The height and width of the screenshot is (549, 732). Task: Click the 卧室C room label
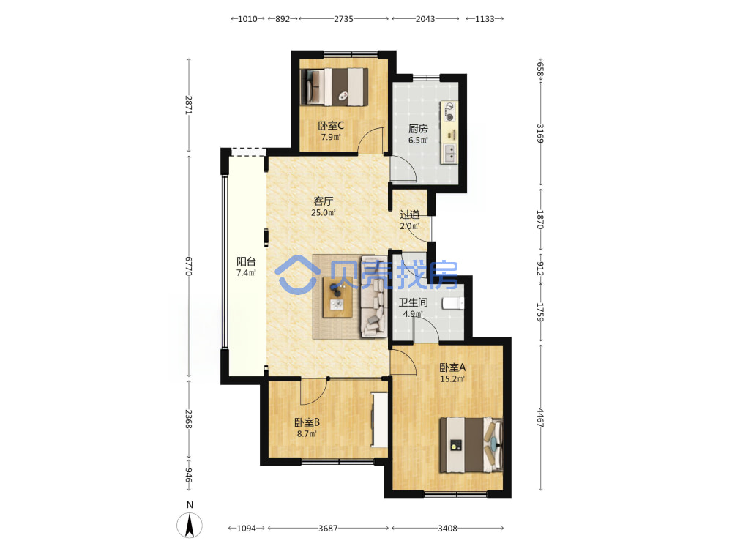pyautogui.click(x=331, y=126)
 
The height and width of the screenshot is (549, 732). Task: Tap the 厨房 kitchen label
pyautogui.click(x=418, y=128)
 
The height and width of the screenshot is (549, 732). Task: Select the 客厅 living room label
pyautogui.click(x=323, y=201)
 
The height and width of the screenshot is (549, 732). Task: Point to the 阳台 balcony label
pyautogui.click(x=246, y=261)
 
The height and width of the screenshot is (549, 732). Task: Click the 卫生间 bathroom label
pyautogui.click(x=413, y=302)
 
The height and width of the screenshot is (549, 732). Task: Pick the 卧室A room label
pyautogui.click(x=452, y=367)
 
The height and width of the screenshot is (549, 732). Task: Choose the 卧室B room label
pyautogui.click(x=307, y=422)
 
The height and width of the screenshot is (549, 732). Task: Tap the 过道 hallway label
pyautogui.click(x=410, y=214)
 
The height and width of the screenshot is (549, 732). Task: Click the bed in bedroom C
pyautogui.click(x=335, y=87)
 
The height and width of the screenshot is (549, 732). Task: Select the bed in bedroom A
pyautogui.click(x=471, y=445)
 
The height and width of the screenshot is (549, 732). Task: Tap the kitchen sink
pyautogui.click(x=449, y=154)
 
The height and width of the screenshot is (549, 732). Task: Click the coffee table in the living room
pyautogui.click(x=337, y=297)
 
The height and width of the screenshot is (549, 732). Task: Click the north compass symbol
pyautogui.click(x=190, y=525)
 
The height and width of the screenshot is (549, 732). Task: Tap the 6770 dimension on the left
pyautogui.click(x=189, y=266)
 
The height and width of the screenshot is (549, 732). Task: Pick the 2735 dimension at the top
pyautogui.click(x=343, y=19)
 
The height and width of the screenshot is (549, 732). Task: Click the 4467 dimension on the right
pyautogui.click(x=541, y=418)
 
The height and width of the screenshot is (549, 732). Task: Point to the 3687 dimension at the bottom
pyautogui.click(x=328, y=528)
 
